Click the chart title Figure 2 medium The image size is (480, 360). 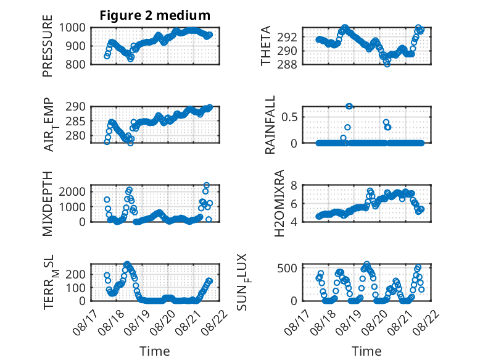click(155, 15)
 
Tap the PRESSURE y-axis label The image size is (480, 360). click(48, 46)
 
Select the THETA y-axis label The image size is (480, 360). click(266, 46)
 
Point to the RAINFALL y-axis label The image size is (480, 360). click(270, 125)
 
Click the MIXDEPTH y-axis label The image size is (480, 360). click(48, 204)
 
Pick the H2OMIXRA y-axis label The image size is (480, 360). click(279, 203)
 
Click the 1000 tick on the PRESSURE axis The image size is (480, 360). click(72, 28)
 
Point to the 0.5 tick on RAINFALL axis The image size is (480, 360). click(289, 117)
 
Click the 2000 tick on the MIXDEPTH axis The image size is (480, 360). click(72, 192)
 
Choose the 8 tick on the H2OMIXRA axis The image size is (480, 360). click(294, 185)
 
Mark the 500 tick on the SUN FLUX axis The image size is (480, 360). click(287, 268)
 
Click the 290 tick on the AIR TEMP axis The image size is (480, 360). click(76, 107)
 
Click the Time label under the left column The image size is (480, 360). click(155, 351)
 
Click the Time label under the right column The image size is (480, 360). click(366, 351)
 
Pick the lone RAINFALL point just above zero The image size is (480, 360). click(343, 138)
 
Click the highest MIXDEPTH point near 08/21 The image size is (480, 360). click(207, 185)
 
